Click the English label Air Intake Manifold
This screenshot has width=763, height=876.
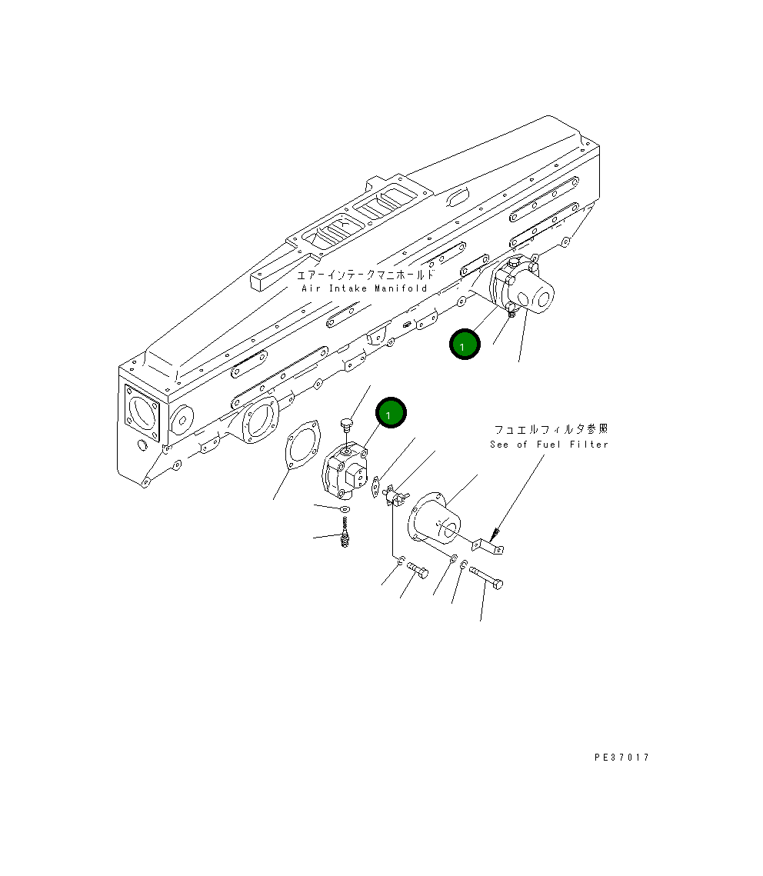point(364,288)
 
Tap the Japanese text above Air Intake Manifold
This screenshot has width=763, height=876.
point(365,274)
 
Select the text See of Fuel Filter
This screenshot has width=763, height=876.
point(548,445)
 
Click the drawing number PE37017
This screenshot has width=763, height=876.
point(621,758)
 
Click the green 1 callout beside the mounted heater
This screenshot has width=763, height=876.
point(465,345)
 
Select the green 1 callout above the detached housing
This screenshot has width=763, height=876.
point(391,414)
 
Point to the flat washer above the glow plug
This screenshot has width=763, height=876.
point(345,510)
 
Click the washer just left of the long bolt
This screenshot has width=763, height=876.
point(464,567)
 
